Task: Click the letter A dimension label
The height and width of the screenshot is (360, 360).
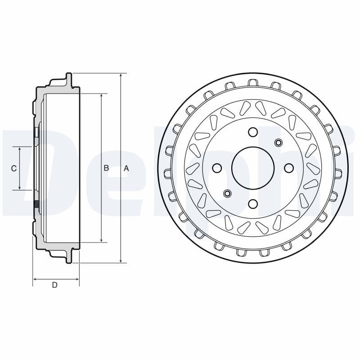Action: click(x=126, y=168)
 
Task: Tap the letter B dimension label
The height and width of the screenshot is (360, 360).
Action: click(x=106, y=168)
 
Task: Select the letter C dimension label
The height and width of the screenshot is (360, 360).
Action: click(x=14, y=168)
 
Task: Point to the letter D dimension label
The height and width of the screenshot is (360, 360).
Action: click(x=54, y=285)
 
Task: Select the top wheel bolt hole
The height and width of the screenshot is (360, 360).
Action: click(x=252, y=132)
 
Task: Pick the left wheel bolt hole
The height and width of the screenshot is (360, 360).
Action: click(x=216, y=168)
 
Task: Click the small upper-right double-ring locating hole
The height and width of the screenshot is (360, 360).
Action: click(x=278, y=143)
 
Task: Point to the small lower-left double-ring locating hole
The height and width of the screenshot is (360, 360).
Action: click(x=227, y=193)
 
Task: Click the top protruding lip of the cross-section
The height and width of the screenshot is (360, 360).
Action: click(x=68, y=77)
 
